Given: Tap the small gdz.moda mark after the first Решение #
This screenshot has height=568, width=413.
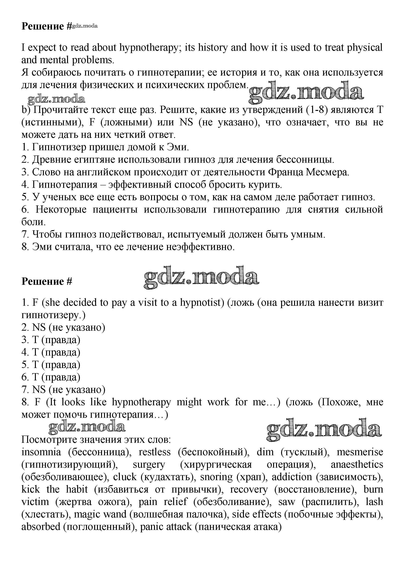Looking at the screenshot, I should pyautogui.click(x=85, y=26).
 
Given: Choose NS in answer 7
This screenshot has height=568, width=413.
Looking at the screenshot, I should pyautogui.click(x=39, y=390).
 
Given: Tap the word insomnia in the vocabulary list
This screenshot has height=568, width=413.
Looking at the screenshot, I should pyautogui.click(x=41, y=452).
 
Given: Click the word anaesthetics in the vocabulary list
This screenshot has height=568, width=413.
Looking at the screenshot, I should pyautogui.click(x=357, y=465).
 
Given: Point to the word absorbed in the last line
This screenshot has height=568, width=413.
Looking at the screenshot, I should pyautogui.click(x=41, y=527).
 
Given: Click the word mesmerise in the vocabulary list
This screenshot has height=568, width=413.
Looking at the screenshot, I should pyautogui.click(x=360, y=452).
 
